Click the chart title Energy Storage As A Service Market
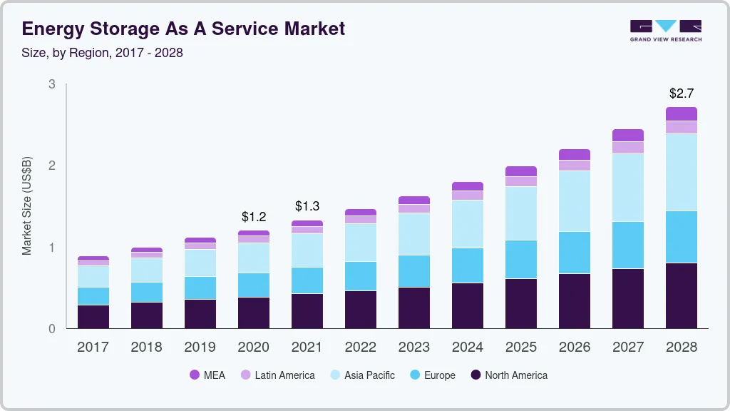tap(184, 29)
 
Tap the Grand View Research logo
tap(665, 30)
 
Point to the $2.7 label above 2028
tap(681, 93)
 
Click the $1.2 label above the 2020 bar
tap(253, 216)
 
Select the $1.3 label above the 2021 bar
tap(307, 206)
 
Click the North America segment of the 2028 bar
tap(681, 295)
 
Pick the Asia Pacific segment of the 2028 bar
tap(681, 172)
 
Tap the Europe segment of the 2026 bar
tap(574, 253)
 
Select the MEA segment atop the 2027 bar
tap(627, 135)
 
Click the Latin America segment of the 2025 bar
tap(520, 181)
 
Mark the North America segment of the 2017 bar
tap(93, 317)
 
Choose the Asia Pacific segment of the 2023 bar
tap(413, 234)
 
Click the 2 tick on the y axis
tap(51, 166)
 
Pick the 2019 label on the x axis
tap(200, 347)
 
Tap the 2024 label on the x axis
tap(467, 347)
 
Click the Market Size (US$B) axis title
tap(27, 206)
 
